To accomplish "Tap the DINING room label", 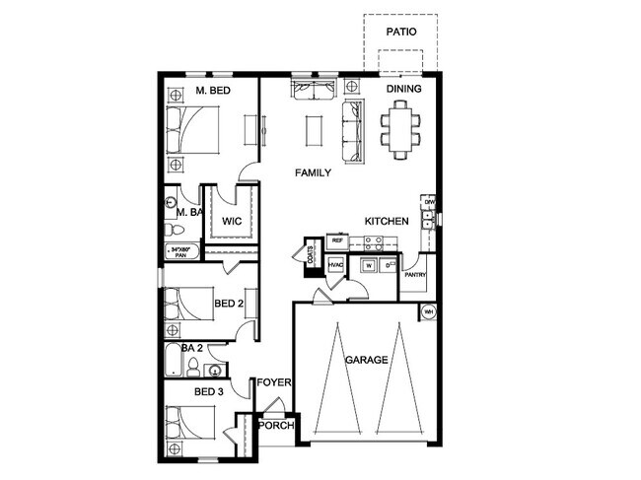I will (403, 90).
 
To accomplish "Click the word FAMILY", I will (313, 172).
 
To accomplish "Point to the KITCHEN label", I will (387, 222).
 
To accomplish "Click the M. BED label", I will (214, 92).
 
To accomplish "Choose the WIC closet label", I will (232, 221).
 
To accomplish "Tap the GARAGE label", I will (366, 360).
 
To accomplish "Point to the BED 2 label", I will (229, 304).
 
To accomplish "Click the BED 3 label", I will (210, 392).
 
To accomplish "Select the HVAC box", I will (335, 265).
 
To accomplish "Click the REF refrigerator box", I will (337, 240).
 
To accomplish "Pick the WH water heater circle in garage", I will (428, 311).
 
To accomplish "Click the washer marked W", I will (368, 265).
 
